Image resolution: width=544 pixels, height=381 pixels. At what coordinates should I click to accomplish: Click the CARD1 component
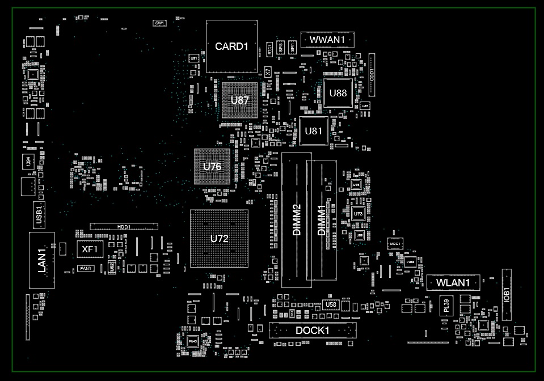pos(231,46)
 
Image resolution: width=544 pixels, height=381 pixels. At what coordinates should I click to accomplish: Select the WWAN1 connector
pos(327,40)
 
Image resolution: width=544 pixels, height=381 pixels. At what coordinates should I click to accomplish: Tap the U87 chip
pos(239,100)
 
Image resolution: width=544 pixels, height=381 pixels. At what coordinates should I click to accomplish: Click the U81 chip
pos(314,131)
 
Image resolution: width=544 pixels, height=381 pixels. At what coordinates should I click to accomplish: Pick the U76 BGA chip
pos(212,167)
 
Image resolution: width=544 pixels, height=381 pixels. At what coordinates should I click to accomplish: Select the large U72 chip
pos(219,238)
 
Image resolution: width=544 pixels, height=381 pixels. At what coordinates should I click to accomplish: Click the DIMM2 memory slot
pos(296,219)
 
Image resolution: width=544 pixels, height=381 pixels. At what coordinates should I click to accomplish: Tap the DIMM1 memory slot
pos(322,221)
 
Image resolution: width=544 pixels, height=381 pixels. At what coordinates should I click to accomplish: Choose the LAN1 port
pos(42,260)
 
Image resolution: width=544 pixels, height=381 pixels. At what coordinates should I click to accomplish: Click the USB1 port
pos(39,214)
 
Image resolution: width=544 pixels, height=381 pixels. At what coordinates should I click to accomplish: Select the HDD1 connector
pos(124,227)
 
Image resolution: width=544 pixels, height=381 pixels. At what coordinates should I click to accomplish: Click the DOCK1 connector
pos(313,331)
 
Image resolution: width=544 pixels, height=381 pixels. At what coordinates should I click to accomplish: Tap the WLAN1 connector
pos(453,282)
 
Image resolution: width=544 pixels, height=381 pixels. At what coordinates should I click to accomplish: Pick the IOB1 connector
pos(506,294)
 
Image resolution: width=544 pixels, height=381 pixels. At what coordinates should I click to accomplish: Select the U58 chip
pos(331,305)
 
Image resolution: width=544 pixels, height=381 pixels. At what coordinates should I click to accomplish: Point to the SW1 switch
pos(159,23)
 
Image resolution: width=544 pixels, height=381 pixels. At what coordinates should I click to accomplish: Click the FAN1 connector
pos(86,268)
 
